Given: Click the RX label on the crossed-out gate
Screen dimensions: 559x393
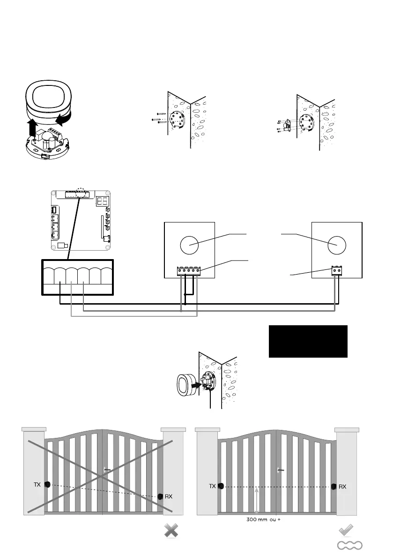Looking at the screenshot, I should pyautogui.click(x=169, y=496).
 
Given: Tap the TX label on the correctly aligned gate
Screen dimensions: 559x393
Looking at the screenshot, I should pyautogui.click(x=212, y=487).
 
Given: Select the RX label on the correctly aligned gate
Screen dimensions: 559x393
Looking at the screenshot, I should pyautogui.click(x=342, y=487).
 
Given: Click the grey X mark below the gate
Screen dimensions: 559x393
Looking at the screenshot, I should pyautogui.click(x=172, y=531).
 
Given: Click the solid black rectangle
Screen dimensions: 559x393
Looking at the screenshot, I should pyautogui.click(x=308, y=341).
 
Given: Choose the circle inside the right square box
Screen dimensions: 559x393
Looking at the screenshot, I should pyautogui.click(x=336, y=245).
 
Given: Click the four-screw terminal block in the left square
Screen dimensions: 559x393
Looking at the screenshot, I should pyautogui.click(x=189, y=271).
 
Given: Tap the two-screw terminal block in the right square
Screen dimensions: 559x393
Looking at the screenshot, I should pyautogui.click(x=337, y=270).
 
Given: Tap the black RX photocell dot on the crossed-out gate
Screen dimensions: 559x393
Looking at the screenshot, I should pyautogui.click(x=161, y=496).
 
